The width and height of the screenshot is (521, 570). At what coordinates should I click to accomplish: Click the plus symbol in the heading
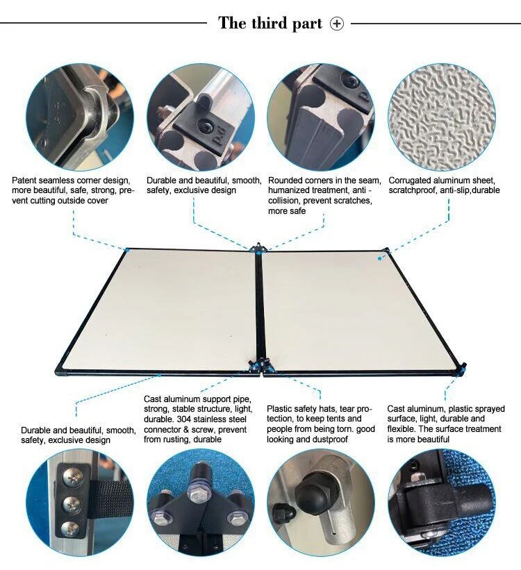coord(336,24)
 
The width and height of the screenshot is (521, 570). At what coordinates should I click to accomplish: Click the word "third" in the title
coord(270,23)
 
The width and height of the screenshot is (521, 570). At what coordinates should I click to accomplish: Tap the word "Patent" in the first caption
coord(24,181)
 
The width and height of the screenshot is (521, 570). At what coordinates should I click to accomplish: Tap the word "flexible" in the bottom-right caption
coord(401,429)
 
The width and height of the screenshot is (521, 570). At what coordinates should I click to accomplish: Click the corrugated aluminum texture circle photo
coord(442,117)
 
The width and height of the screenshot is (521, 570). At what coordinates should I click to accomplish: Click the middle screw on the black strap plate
coord(70,503)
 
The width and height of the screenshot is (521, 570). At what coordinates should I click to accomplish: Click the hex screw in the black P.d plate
coord(204,126)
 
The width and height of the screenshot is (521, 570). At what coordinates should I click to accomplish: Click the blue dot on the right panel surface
coord(379,258)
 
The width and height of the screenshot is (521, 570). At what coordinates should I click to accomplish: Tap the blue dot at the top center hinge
coord(258,253)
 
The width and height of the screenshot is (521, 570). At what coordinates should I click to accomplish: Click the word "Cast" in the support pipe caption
coord(153,399)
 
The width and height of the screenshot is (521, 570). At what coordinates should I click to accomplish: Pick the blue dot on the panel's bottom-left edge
coord(159,375)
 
